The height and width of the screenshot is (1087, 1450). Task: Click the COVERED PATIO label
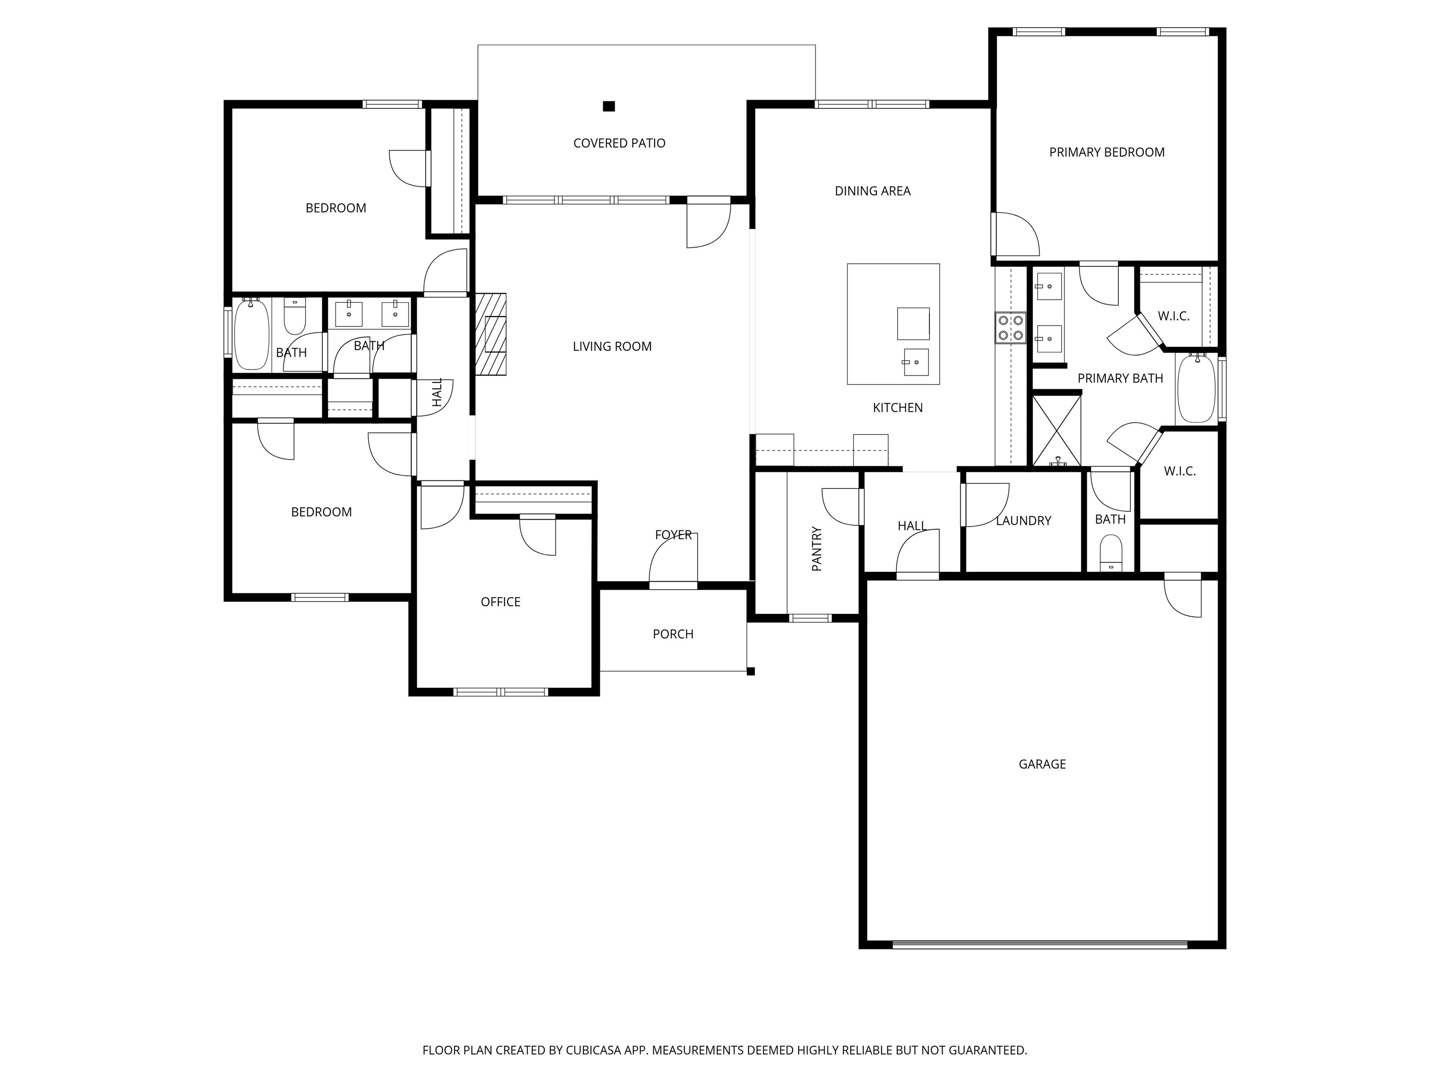pos(619,143)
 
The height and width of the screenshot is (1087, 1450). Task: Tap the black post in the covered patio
pos(609,106)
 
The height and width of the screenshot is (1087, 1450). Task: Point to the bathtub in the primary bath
pos(1197,388)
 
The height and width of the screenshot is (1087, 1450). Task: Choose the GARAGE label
pos(1042,764)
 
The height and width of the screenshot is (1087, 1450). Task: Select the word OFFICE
pos(500,602)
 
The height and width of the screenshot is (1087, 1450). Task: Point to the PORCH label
pos(673,634)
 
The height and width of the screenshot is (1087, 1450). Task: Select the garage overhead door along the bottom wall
pos(1040,944)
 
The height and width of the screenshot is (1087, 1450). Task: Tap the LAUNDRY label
pos(1023,521)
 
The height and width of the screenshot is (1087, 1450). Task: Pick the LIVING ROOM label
pos(612,347)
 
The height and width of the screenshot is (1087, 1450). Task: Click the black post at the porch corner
pos(751,671)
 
